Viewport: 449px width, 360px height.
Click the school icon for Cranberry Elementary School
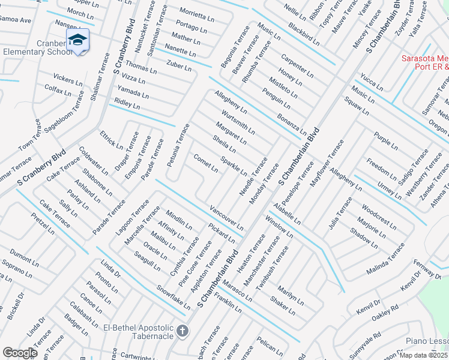click(77, 40)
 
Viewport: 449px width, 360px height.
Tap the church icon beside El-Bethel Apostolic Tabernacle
click(183, 331)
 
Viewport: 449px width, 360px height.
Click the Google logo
click(20, 353)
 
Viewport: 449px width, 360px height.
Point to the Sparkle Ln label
click(234, 166)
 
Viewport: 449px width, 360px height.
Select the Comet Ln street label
click(205, 163)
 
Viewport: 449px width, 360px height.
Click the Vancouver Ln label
click(226, 218)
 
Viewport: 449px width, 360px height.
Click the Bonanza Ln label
click(292, 124)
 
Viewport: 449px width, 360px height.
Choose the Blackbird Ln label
click(303, 35)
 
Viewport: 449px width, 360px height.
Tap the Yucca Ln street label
click(372, 84)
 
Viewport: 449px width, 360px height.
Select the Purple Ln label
click(385, 140)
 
